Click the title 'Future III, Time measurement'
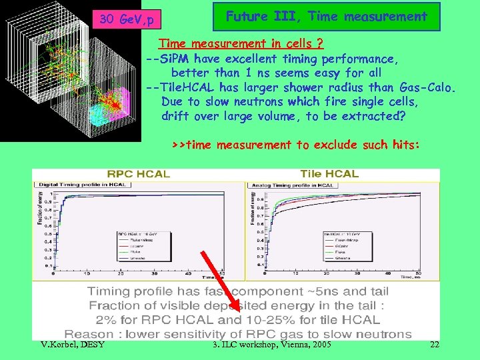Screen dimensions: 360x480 pos(326,17)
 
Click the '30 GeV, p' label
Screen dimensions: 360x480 pos(126,20)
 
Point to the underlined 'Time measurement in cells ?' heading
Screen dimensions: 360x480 pos(241,44)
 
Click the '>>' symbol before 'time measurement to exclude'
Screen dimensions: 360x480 pos(179,145)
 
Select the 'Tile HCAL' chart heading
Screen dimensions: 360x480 pos(329,173)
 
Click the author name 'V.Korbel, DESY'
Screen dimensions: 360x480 pos(68,345)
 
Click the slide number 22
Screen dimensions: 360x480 pos(434,345)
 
